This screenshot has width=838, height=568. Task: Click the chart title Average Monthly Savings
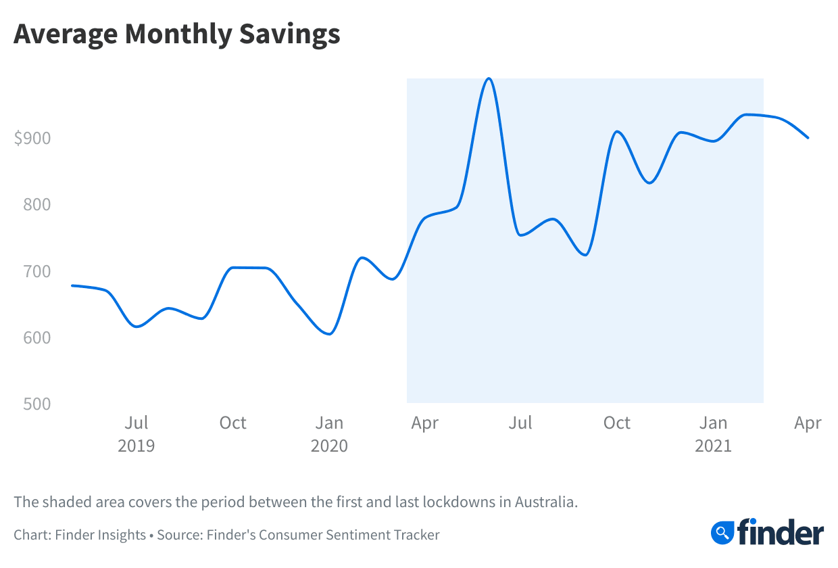click(x=176, y=34)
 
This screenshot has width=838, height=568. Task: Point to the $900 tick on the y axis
click(x=32, y=139)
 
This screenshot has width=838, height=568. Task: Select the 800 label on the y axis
click(x=37, y=205)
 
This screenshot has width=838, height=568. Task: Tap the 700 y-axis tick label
click(x=37, y=271)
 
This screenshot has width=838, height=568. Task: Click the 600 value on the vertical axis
click(x=37, y=337)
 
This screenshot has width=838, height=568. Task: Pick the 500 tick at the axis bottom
click(x=37, y=404)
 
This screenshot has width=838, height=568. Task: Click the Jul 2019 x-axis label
click(x=137, y=434)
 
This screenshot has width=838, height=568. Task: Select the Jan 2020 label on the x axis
click(x=329, y=434)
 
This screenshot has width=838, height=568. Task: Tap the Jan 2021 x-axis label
click(x=713, y=434)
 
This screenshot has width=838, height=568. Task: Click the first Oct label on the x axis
click(x=232, y=423)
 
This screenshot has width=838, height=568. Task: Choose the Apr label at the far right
click(x=808, y=423)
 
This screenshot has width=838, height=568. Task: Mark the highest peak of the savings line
click(x=489, y=78)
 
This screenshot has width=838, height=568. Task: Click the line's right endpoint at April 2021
click(x=808, y=138)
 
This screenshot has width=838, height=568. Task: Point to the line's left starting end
click(x=72, y=285)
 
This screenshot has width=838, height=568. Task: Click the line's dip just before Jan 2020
click(x=329, y=333)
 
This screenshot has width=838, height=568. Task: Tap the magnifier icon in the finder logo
click(x=722, y=532)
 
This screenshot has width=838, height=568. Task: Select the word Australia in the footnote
click(x=545, y=502)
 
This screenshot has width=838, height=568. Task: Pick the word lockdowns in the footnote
click(x=460, y=502)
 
